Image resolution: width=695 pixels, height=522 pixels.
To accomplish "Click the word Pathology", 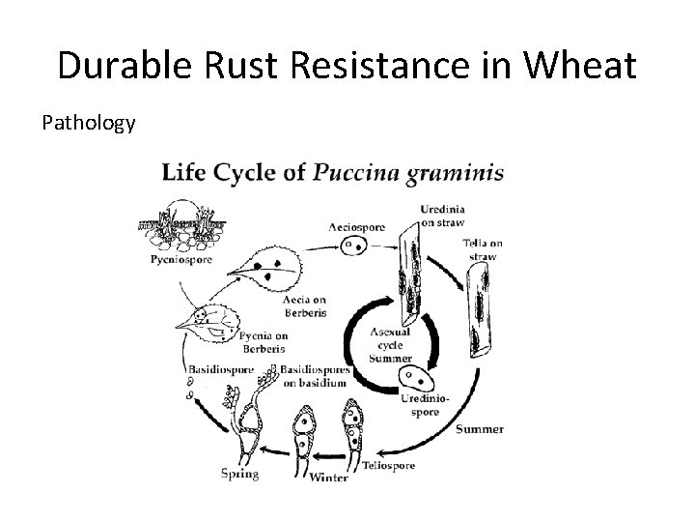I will pos(88,124).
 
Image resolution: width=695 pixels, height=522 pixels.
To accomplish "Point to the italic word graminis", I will pos(457,174).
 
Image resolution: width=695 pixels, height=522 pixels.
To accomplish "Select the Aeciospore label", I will pos(356,228).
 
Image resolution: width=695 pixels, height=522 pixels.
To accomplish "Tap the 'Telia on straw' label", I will pos(482,250).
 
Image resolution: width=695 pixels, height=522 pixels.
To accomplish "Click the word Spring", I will pos(239,474).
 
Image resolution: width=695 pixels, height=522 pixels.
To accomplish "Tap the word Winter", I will pos(329,478).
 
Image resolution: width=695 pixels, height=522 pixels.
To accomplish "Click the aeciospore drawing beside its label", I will pos(353,246).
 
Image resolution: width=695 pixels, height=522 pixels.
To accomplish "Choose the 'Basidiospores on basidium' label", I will pos(313,378).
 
